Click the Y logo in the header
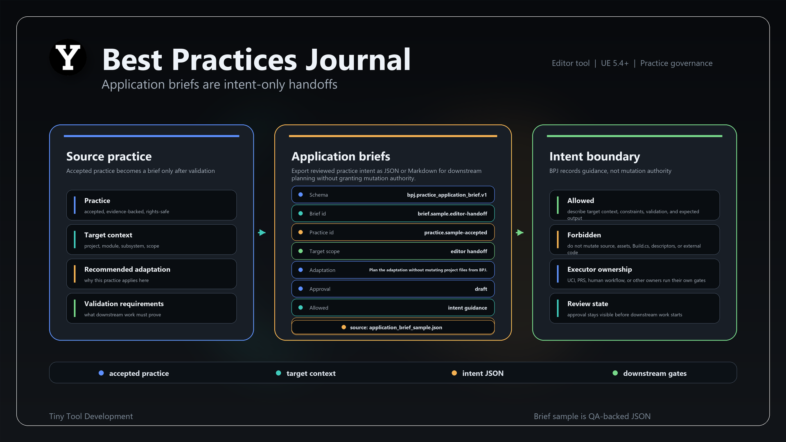click(68, 57)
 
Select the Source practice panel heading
click(109, 156)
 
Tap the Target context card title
click(108, 235)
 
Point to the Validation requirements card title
click(124, 304)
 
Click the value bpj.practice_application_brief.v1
click(447, 195)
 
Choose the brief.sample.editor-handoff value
click(452, 214)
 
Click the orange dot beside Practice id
click(300, 232)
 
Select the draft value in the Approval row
click(481, 289)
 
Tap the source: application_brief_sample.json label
click(396, 327)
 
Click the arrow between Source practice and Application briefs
click(262, 232)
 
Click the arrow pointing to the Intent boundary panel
click(520, 232)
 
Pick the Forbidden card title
click(584, 235)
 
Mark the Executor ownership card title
click(600, 269)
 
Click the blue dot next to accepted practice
click(101, 373)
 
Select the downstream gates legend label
click(655, 373)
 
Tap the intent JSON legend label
click(483, 373)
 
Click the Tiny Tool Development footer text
click(91, 416)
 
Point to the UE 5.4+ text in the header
click(614, 63)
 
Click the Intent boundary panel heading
click(594, 156)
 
